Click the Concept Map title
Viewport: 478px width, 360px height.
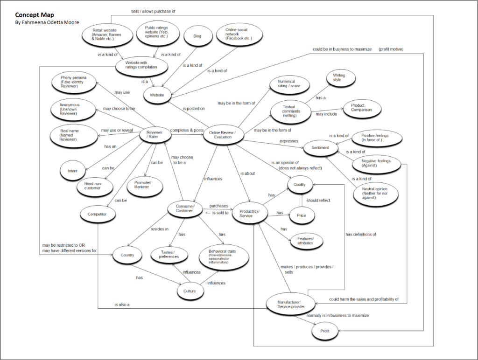[x=35, y=15]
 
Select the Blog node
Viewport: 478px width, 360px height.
[x=197, y=36]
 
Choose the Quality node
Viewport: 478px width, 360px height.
[x=299, y=185]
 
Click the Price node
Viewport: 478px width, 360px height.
[x=302, y=215]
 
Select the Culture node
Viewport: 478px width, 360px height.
[x=193, y=291]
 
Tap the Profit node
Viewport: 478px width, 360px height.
[x=324, y=331]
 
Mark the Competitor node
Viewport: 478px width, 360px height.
[x=97, y=214]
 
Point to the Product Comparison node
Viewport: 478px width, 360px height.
[x=361, y=108]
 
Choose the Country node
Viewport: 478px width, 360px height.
[x=127, y=255]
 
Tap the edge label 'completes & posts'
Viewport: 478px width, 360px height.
[x=187, y=130]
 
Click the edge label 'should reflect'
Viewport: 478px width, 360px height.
[x=318, y=201]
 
